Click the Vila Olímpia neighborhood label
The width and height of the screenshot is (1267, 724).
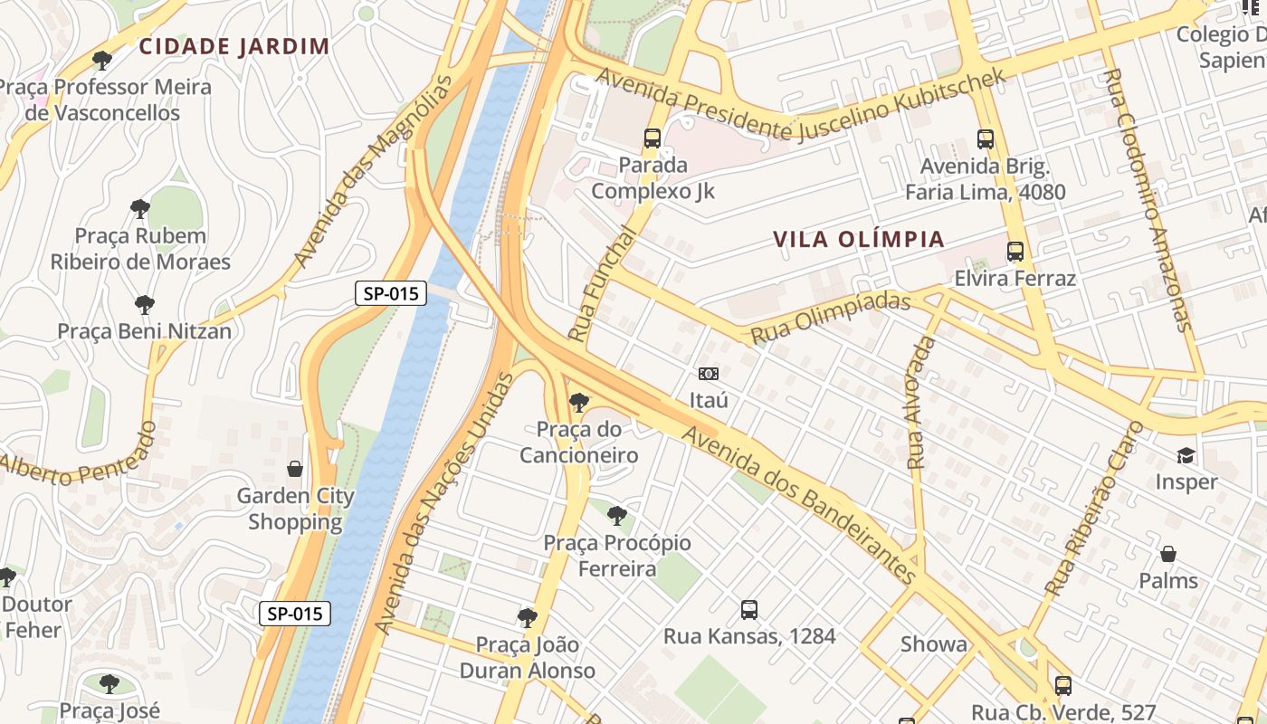(x=859, y=240)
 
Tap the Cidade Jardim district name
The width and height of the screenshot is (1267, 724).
(x=233, y=46)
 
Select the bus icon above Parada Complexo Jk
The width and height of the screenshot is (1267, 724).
(x=653, y=138)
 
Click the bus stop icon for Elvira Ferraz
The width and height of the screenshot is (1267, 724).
(x=1015, y=252)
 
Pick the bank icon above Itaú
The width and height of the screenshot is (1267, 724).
(x=709, y=374)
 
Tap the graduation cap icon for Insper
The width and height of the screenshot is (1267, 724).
(x=1186, y=455)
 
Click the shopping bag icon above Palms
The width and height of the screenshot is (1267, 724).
(x=1168, y=554)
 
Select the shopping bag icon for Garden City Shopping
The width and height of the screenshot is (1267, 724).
(x=295, y=469)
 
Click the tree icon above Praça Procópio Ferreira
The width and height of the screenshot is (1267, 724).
(x=617, y=516)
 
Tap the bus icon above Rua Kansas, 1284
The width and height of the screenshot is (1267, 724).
(x=749, y=609)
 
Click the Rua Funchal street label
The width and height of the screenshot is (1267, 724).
(x=602, y=283)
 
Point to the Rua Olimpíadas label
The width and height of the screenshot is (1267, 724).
(x=830, y=318)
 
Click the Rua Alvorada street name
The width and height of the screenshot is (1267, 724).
(x=920, y=402)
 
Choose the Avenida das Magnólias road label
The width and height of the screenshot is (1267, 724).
(x=373, y=172)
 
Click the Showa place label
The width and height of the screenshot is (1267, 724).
(x=933, y=644)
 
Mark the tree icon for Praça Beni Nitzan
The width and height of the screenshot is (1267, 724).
(x=144, y=305)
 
